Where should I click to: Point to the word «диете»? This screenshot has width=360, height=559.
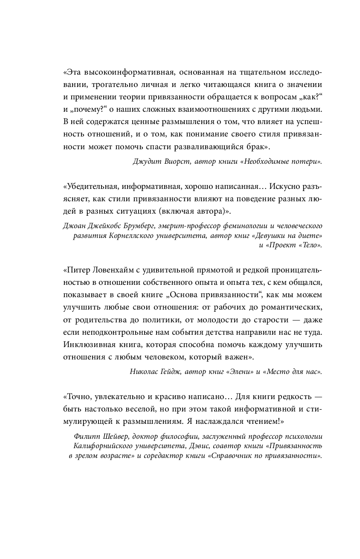pos(310,236)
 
